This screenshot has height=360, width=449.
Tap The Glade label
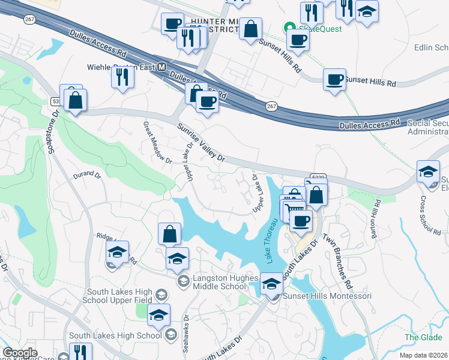(x=423, y=337)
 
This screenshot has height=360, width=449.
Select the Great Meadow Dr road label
(x=148, y=142)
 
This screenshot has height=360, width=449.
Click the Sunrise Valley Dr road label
(x=200, y=142)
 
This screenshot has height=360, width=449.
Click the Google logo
(x=20, y=353)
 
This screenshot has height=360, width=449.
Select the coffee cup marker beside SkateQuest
(x=297, y=41)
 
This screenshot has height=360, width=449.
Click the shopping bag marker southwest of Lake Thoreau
(x=170, y=233)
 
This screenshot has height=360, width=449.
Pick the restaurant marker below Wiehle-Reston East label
(x=122, y=77)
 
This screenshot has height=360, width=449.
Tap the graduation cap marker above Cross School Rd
(x=428, y=170)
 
